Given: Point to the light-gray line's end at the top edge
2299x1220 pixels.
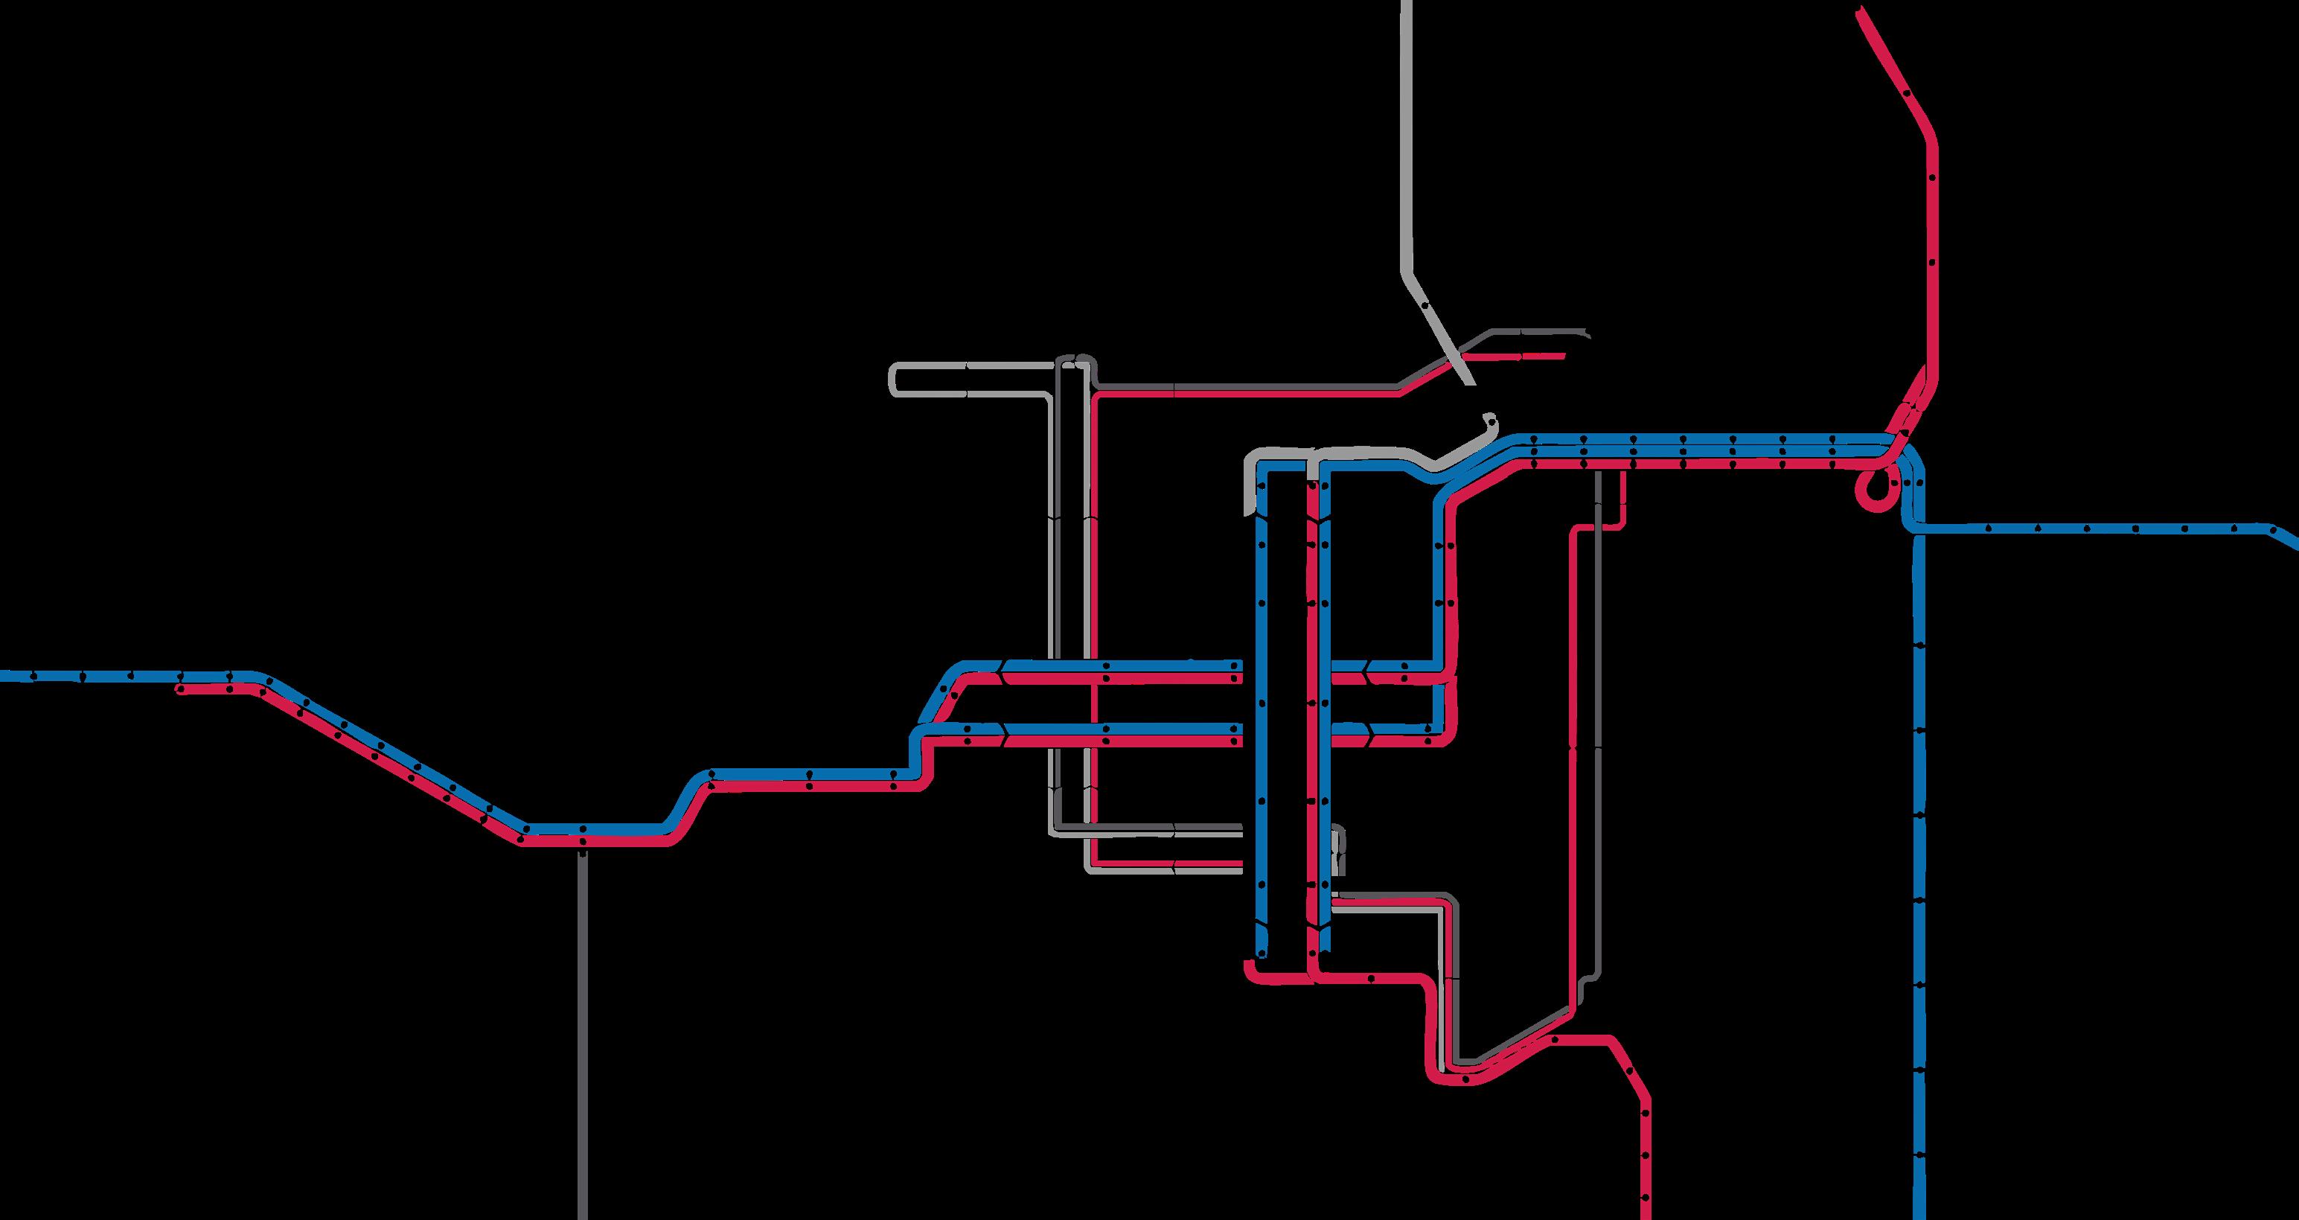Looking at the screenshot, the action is tap(1407, 3).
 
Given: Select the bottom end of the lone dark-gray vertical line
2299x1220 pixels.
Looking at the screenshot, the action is tap(584, 1216).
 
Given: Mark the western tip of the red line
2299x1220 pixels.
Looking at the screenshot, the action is tap(179, 690).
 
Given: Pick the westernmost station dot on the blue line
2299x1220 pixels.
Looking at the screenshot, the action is tap(33, 676).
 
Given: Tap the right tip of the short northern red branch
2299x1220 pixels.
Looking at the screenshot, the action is tap(1563, 354).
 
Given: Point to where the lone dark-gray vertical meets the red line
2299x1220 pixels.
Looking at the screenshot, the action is tap(583, 840).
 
